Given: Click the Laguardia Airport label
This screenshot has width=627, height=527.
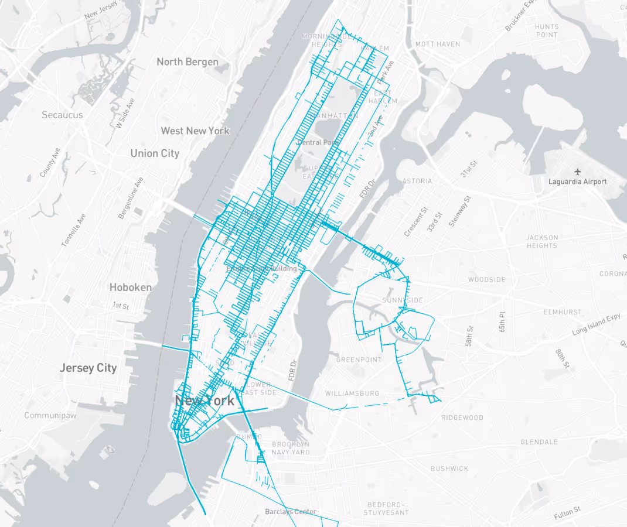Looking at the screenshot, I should click(x=577, y=182).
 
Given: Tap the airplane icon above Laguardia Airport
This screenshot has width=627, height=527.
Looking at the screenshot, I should click(x=578, y=172).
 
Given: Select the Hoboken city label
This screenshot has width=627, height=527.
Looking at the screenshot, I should click(x=130, y=288).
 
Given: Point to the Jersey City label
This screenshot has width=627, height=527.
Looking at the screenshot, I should click(x=88, y=368).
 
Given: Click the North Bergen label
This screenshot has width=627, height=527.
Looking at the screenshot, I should click(x=187, y=62).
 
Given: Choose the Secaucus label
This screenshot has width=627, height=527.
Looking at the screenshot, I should click(x=62, y=115).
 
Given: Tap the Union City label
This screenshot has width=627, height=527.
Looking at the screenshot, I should click(x=154, y=153).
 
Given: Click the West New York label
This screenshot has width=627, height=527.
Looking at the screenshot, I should click(x=195, y=131).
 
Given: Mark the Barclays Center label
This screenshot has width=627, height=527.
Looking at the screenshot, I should click(x=290, y=512).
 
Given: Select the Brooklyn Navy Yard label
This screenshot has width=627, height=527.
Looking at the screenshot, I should click(x=291, y=448).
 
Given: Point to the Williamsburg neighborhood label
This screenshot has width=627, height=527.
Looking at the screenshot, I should click(x=352, y=393).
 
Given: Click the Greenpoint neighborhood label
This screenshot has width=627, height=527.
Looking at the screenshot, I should click(x=359, y=360).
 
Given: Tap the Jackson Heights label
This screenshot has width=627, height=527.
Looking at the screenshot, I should click(x=542, y=241).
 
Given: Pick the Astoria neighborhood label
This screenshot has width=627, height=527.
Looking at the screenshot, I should click(x=418, y=181).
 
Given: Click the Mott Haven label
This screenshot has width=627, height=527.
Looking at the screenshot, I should click(x=437, y=45).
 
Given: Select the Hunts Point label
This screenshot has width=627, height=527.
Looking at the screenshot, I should click(x=546, y=30).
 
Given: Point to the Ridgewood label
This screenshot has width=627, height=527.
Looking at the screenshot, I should click(x=462, y=418).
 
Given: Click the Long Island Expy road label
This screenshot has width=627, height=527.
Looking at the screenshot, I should click(x=595, y=324).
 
